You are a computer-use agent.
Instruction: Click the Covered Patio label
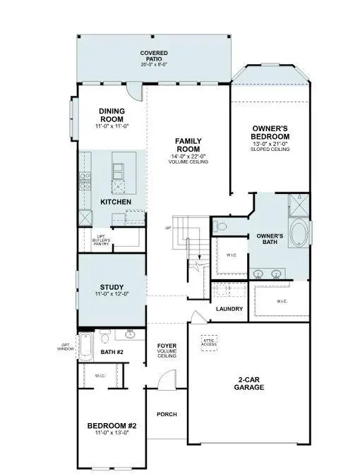(153, 56)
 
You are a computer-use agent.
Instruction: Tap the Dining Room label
(112, 115)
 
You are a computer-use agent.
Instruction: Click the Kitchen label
(116, 202)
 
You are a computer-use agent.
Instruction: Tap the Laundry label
(229, 309)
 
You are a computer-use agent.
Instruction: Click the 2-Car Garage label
(249, 383)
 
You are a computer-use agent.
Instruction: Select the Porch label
(167, 414)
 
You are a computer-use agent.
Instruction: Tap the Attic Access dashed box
(210, 343)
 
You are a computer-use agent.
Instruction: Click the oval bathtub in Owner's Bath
(299, 235)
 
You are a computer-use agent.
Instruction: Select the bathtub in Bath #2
(85, 346)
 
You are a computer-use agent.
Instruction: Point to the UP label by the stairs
(168, 228)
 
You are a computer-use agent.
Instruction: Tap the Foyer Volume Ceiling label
(167, 350)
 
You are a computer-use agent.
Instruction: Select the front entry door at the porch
(165, 382)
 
